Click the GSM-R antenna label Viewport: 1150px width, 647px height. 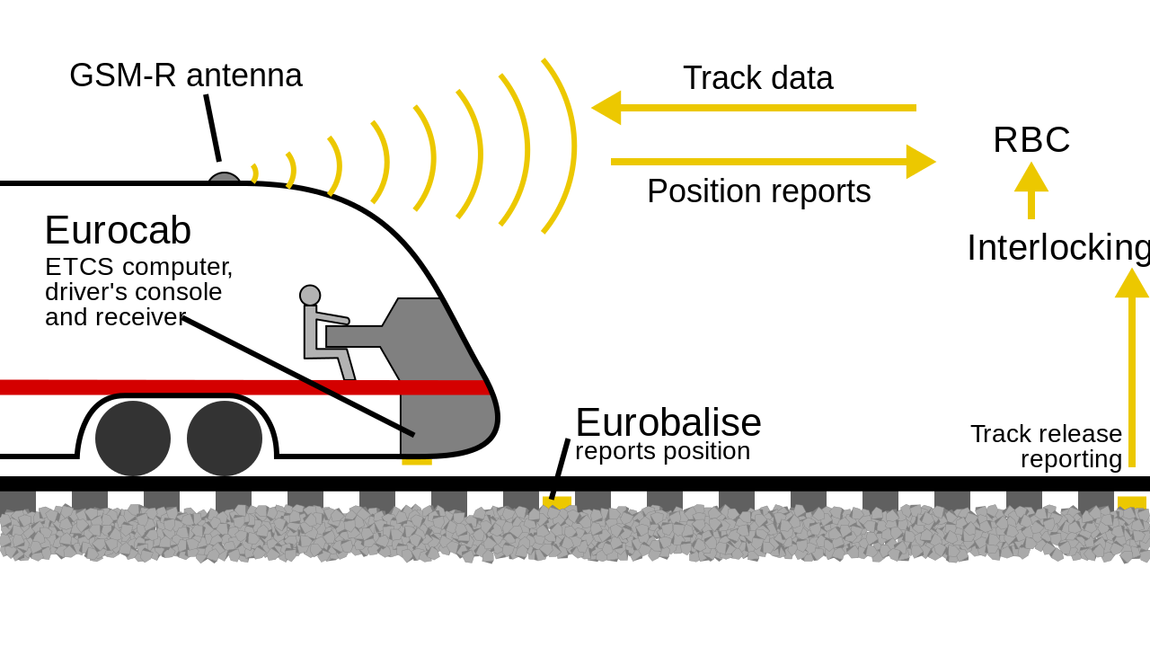186,75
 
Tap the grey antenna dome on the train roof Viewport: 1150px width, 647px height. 225,178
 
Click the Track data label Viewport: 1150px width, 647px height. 757,78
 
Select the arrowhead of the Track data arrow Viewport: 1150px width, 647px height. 606,108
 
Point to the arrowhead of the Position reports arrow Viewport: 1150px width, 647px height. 921,162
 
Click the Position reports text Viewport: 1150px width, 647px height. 759,191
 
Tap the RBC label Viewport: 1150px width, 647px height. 1031,139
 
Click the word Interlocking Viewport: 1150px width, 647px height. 1058,248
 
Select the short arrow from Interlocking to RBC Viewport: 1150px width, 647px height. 1031,191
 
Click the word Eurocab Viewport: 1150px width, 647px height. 118,230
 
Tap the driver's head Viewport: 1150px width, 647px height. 310,296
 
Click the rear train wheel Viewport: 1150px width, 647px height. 133,439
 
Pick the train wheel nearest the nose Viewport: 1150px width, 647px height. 225,439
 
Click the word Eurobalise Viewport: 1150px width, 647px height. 668,422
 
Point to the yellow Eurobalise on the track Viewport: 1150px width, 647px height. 557,501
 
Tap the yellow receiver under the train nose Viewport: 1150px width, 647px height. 417,462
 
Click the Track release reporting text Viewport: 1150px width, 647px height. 1047,447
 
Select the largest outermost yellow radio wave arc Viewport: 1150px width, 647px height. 560,146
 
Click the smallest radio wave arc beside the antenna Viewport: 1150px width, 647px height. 254,173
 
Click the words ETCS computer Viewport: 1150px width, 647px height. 138,267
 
